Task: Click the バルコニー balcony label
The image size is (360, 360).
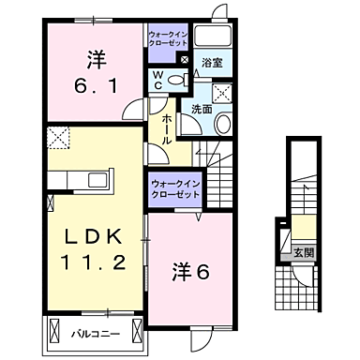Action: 92,332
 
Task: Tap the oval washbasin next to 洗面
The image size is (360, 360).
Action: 224,125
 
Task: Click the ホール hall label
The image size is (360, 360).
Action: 166,127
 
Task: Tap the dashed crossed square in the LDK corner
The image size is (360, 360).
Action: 57,139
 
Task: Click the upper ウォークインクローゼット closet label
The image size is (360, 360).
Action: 169,39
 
